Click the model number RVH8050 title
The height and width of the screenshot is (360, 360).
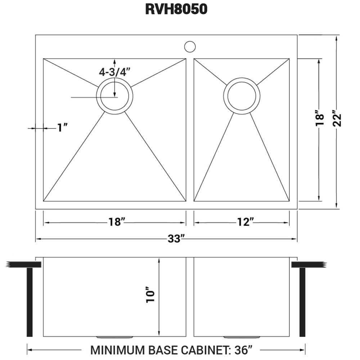click(x=176, y=9)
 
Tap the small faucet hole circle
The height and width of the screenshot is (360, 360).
click(x=190, y=46)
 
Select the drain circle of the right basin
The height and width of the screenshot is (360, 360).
click(x=242, y=96)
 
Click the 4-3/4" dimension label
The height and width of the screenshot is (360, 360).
click(x=115, y=72)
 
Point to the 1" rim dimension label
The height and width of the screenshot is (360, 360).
click(x=63, y=128)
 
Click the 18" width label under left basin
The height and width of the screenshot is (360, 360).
click(x=116, y=222)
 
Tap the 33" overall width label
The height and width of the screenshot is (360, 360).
click(x=176, y=239)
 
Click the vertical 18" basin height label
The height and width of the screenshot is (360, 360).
click(x=319, y=119)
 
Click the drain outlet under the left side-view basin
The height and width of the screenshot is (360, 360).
click(x=115, y=337)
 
